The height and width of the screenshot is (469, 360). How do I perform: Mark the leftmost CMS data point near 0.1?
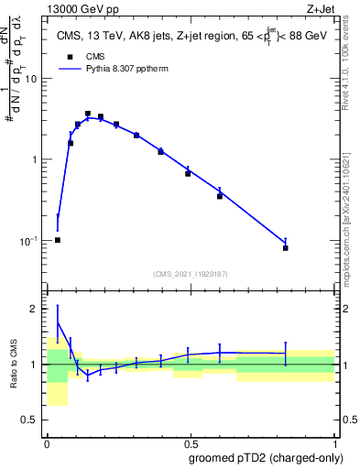point(58,240)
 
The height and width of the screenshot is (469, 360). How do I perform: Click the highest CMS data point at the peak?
point(88,114)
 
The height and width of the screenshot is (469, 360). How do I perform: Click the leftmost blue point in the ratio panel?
point(58,322)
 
